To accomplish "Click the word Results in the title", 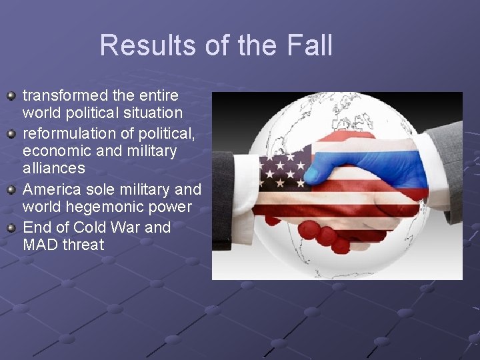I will click(139, 45).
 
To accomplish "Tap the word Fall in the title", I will click(310, 45).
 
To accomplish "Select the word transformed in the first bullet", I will click(65, 96).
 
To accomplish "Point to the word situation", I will click(149, 113).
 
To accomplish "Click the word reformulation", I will click(69, 133).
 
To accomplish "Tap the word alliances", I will click(54, 169).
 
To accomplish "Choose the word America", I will click(53, 189).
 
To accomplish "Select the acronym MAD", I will click(40, 245).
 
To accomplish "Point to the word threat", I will click(83, 245).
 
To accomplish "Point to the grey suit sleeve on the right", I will click(446, 167).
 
